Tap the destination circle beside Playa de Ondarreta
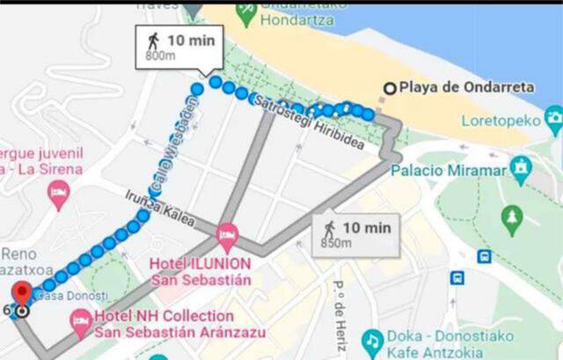[x=390, y=87]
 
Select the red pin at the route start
[x=22, y=294]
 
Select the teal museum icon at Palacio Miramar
[x=521, y=166]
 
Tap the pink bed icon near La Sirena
[x=59, y=194]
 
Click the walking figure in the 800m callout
[x=154, y=40]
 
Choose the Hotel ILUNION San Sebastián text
[x=201, y=271]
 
